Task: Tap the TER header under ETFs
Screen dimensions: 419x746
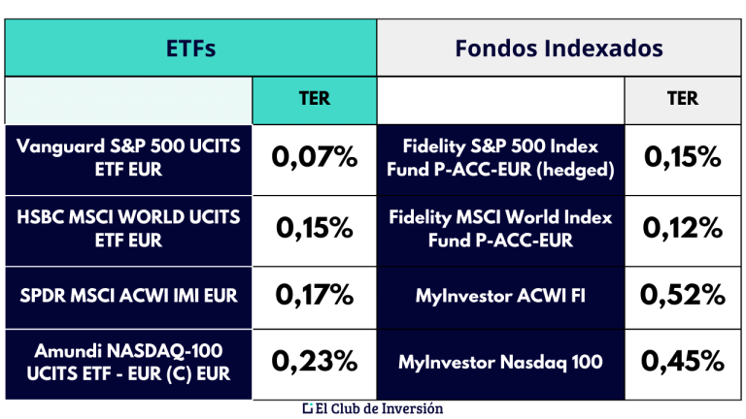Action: click(x=314, y=98)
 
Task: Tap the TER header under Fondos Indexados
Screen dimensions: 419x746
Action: click(x=683, y=98)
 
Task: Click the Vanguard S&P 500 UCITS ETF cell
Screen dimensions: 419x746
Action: click(x=128, y=157)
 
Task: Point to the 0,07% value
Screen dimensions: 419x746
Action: click(x=315, y=157)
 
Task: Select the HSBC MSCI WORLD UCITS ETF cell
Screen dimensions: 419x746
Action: click(x=128, y=227)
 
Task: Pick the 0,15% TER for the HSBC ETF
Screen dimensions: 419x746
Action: click(x=315, y=227)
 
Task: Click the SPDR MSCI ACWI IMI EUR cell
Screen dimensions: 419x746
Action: click(x=128, y=294)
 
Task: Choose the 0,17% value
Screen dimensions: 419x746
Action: click(x=315, y=294)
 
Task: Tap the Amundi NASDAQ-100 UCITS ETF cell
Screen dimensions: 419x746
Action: click(x=128, y=363)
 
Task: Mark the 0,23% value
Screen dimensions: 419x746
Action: click(x=315, y=363)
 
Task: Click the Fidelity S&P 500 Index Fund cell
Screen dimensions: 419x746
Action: click(x=500, y=157)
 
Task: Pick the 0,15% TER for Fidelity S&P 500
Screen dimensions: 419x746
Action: click(x=684, y=157)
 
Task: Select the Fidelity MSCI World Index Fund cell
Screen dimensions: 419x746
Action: click(x=500, y=227)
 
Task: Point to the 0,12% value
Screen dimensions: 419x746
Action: click(x=684, y=227)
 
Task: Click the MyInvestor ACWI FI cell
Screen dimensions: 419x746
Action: click(x=500, y=294)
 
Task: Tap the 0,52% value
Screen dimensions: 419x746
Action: click(x=684, y=294)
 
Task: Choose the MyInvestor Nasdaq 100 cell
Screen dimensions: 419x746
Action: click(x=500, y=363)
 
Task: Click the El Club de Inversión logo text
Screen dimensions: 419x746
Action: click(x=373, y=408)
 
